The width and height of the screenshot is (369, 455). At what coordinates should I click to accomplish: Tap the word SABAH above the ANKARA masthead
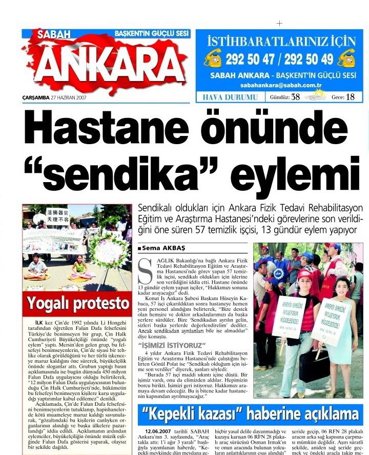[54, 34]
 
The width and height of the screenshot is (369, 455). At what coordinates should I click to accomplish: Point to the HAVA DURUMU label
[230, 97]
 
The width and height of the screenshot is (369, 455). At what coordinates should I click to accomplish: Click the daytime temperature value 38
[295, 97]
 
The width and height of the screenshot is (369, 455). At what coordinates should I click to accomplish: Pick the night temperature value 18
[350, 97]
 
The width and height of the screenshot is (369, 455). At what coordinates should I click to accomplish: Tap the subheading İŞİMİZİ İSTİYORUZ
[169, 345]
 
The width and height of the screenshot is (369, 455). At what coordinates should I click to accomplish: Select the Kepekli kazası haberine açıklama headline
[251, 414]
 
